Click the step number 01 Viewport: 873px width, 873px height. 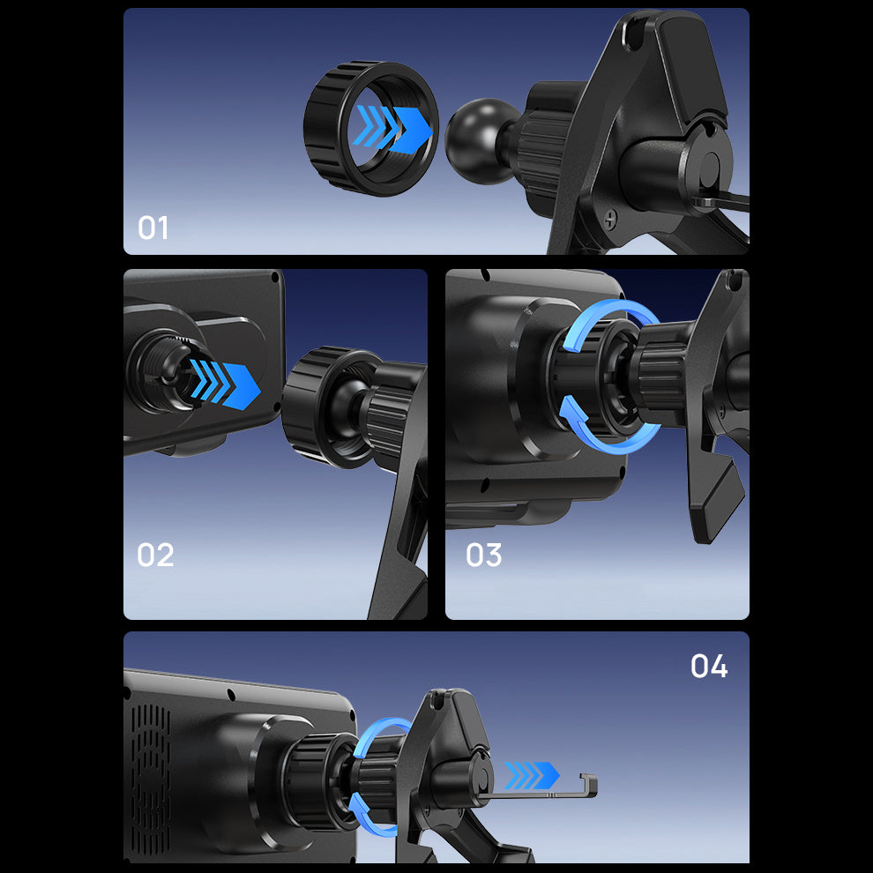(153, 228)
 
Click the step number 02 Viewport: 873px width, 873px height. (155, 555)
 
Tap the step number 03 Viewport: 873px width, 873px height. (484, 555)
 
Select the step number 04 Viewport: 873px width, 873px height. (709, 666)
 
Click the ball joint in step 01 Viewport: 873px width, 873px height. (480, 141)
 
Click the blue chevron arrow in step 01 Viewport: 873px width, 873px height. (394, 129)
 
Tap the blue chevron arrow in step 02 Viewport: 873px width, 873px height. (224, 384)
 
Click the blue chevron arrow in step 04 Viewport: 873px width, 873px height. (532, 776)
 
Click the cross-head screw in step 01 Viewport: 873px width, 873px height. (611, 219)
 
